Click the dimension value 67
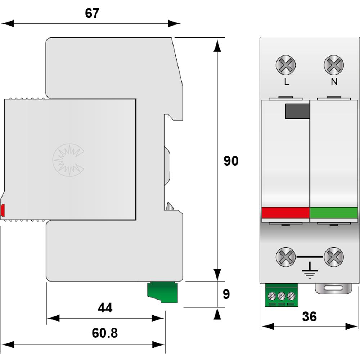[92, 13]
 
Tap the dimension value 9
[226, 294]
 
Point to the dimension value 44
[105, 308]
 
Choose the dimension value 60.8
[105, 333]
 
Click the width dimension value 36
[309, 316]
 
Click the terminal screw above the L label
[285, 65]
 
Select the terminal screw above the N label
[334, 65]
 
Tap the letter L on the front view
[287, 82]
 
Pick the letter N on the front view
[334, 82]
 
